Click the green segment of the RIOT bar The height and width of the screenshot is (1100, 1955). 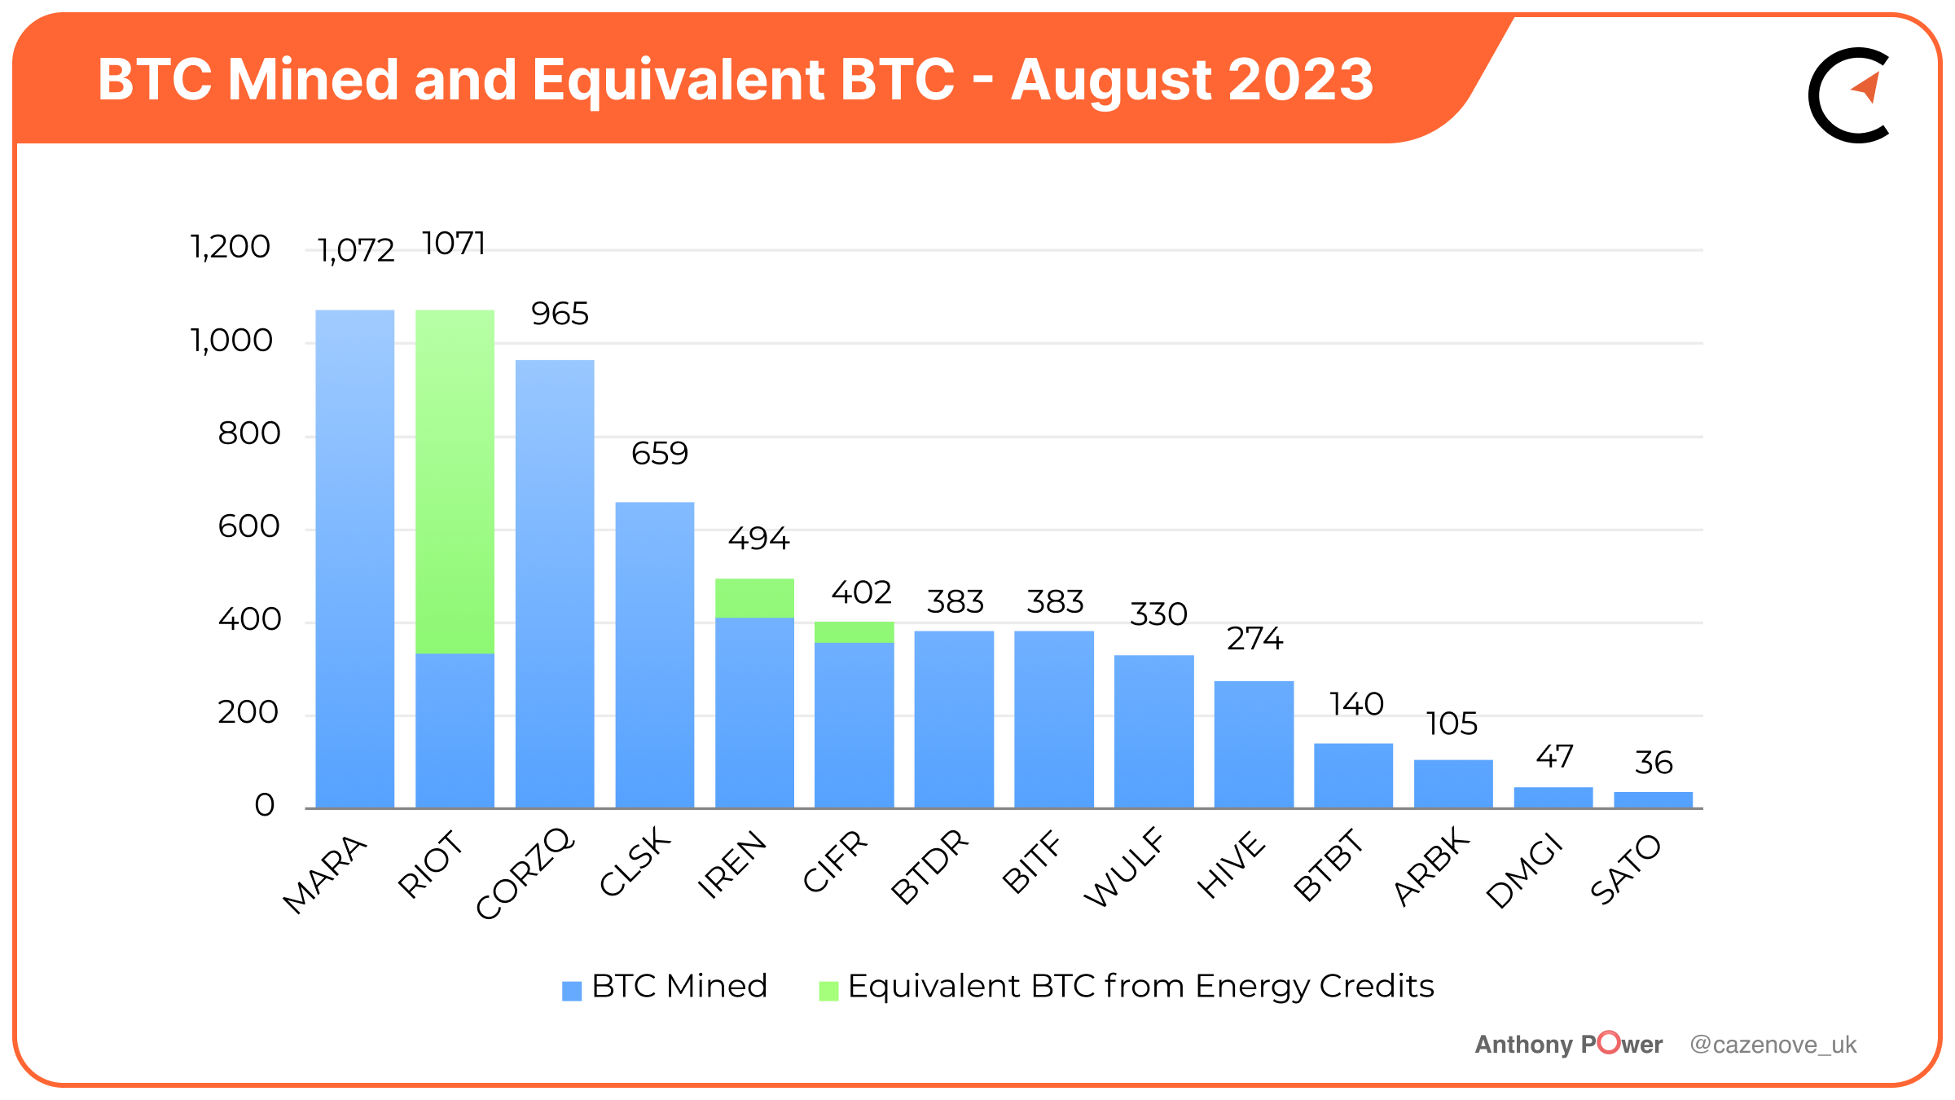click(x=455, y=481)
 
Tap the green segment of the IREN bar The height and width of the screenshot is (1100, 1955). click(x=754, y=598)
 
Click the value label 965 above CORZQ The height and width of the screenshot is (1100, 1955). click(x=560, y=314)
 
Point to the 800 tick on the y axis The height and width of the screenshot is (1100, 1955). click(x=249, y=433)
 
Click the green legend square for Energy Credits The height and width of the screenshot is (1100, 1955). click(x=828, y=990)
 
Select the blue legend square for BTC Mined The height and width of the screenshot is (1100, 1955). click(x=572, y=990)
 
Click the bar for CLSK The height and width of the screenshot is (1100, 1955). click(x=655, y=655)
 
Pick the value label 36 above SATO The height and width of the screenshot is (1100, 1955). click(x=1654, y=763)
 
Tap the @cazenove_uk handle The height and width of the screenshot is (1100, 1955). click(x=1773, y=1045)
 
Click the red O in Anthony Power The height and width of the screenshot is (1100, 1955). click(x=1609, y=1042)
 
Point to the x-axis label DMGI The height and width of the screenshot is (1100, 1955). click(x=1524, y=871)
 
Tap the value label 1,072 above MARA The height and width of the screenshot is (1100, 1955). click(x=356, y=250)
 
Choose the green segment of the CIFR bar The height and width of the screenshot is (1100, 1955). click(x=854, y=632)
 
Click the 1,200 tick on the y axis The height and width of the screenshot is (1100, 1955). click(x=230, y=247)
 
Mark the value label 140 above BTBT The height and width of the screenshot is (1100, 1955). click(x=1356, y=704)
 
